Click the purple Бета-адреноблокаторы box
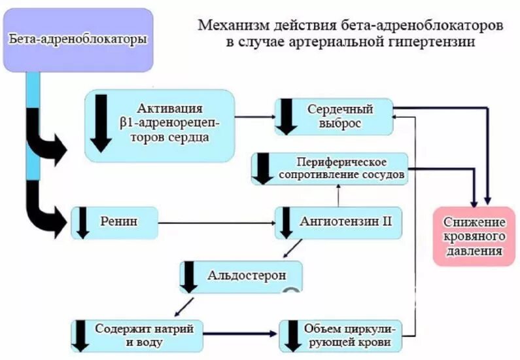78,40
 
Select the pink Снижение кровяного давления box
474,235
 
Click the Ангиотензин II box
337,222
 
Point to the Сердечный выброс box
334,116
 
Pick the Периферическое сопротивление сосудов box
330,168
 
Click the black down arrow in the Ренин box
83,223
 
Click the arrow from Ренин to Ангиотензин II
216,223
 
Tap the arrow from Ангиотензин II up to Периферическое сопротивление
338,195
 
